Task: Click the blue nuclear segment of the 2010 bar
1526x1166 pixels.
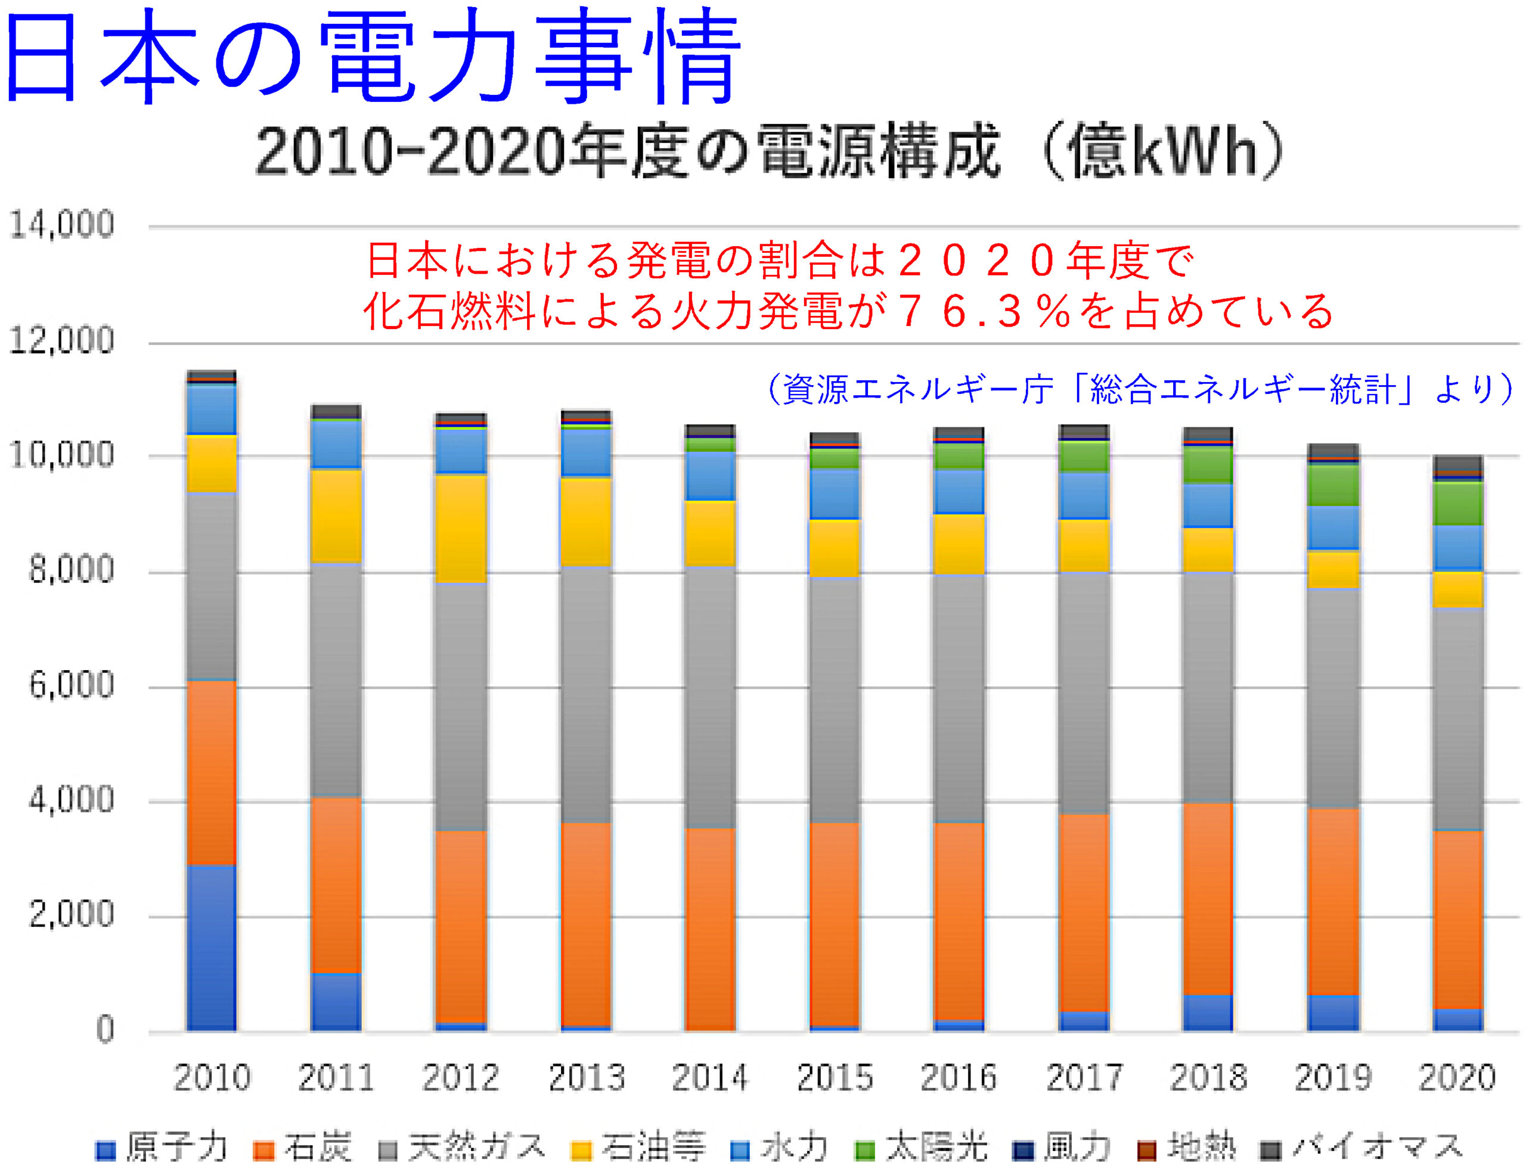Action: pos(211,947)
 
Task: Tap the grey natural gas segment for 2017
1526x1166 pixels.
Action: pos(1084,693)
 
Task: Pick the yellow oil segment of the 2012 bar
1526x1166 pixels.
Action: pos(461,528)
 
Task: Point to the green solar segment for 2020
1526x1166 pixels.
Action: pos(1457,503)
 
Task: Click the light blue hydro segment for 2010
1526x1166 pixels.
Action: pos(211,409)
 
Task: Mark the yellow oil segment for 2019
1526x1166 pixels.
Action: pos(1333,570)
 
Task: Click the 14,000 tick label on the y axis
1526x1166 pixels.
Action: pos(61,225)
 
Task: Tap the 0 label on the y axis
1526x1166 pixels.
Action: pos(104,1030)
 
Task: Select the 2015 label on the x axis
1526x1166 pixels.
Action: pos(835,1078)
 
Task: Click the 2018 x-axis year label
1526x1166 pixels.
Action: pos(1209,1078)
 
